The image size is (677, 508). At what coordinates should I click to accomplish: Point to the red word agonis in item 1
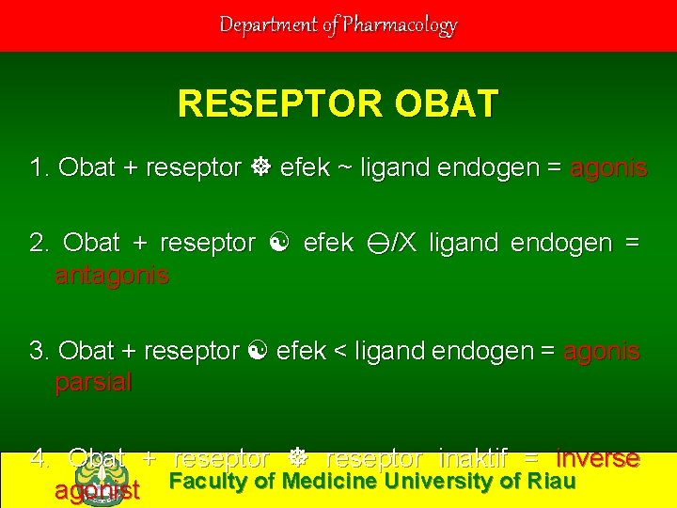(608, 168)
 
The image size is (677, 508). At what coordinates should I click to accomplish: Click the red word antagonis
(112, 276)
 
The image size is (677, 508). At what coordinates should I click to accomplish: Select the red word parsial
(93, 383)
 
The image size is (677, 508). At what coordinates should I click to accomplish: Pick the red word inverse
(598, 459)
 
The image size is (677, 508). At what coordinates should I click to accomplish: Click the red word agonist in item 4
(97, 490)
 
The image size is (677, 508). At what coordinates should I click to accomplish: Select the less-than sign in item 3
(338, 352)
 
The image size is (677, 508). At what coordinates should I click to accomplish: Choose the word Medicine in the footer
(328, 482)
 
